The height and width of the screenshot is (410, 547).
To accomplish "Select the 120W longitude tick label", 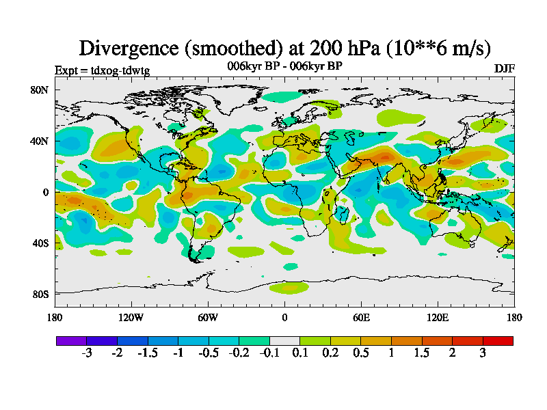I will tap(131, 317).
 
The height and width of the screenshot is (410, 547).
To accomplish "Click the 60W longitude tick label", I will tap(208, 317).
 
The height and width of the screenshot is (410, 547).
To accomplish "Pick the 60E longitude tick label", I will tap(361, 317).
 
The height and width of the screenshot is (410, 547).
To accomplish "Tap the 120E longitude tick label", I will tap(438, 317).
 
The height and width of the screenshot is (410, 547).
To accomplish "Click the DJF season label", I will tap(505, 69).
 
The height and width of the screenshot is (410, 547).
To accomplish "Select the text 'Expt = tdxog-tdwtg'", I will tap(102, 70).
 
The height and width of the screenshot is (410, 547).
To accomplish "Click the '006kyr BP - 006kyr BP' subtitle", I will tap(284, 66).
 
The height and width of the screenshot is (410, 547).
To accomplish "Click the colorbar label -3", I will tap(86, 353).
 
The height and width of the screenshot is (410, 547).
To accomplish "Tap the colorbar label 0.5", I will tap(361, 353).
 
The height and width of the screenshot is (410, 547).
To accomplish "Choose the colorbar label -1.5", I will tap(147, 353).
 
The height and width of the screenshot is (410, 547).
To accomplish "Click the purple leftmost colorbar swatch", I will tap(71, 340).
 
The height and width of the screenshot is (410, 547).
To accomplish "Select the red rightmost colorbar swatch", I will tap(498, 340).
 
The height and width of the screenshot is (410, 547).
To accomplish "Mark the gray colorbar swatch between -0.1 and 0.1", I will tap(284, 340).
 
